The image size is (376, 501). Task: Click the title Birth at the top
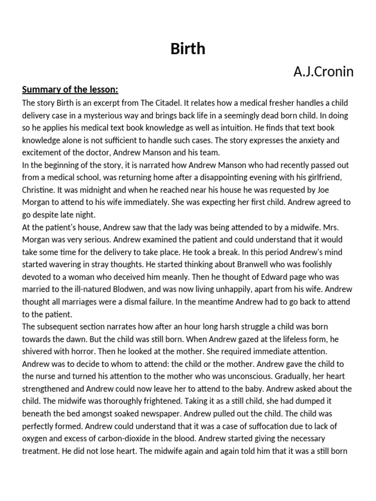click(188, 49)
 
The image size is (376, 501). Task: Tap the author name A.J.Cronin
click(323, 72)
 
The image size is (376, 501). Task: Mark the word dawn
click(87, 338)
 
